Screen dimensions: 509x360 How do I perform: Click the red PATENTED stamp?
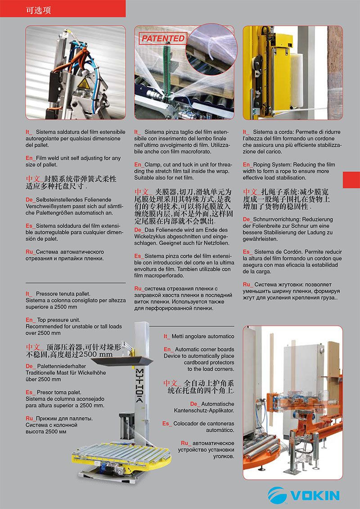163,39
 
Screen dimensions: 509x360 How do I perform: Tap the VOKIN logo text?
315,495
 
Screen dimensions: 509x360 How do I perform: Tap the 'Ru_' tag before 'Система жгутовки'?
247,284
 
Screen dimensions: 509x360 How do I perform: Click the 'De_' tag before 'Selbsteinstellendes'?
30,199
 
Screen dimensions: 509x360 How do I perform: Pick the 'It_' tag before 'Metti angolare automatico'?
167,336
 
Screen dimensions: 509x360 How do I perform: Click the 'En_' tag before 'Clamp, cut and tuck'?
139,165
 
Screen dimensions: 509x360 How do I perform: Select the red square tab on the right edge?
351,180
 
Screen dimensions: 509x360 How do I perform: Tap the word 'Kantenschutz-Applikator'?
204,411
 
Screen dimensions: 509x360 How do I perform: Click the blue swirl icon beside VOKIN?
277,495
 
